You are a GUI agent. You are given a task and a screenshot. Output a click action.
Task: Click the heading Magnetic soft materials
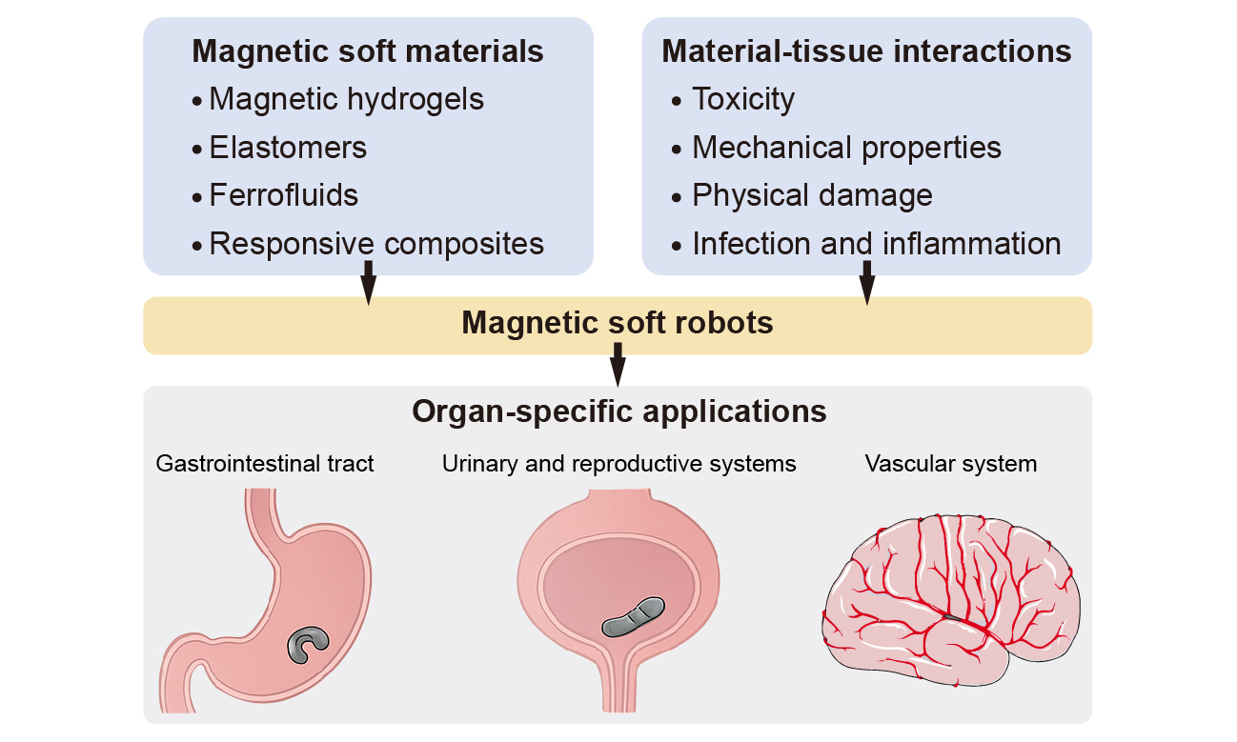368,51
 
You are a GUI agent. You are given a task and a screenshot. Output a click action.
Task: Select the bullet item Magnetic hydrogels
346,99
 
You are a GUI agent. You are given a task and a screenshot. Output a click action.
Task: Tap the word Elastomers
288,148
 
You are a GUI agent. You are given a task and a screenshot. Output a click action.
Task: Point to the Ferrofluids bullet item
283,195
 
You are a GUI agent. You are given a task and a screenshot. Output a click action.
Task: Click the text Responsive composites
376,244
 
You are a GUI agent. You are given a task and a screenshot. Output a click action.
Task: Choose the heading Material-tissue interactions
866,51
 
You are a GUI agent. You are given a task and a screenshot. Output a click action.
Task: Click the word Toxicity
743,99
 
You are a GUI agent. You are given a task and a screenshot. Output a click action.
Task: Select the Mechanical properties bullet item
846,148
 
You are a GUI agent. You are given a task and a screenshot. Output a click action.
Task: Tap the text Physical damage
812,195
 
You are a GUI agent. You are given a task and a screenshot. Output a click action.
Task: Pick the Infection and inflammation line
876,244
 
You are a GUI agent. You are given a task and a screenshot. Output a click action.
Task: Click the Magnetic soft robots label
618,324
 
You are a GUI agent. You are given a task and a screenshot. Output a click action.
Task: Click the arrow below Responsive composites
369,283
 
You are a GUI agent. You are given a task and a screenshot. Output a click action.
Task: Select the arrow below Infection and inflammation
867,283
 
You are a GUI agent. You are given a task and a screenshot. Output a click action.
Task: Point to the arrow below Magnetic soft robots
618,365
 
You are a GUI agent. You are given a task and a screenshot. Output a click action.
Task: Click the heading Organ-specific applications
618,412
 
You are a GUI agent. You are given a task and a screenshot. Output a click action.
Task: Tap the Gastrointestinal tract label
265,464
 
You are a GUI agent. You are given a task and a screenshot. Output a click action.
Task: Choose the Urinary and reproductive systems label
618,464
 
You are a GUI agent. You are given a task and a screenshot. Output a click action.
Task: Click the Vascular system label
951,464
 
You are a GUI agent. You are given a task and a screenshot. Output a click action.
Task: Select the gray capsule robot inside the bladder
633,616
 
